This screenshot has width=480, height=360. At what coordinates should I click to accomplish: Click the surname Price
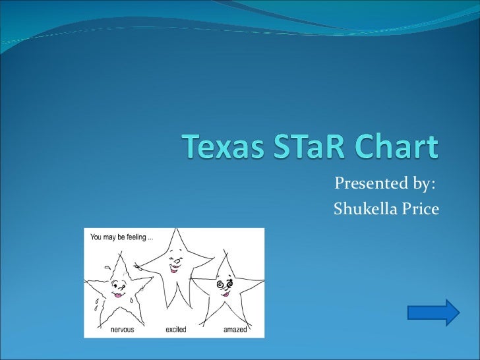coord(421,209)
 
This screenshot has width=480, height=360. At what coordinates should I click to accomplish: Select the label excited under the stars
coord(176,328)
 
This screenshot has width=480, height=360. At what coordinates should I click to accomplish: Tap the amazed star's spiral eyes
coord(224,284)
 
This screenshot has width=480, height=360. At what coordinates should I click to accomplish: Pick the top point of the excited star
coord(175,230)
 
